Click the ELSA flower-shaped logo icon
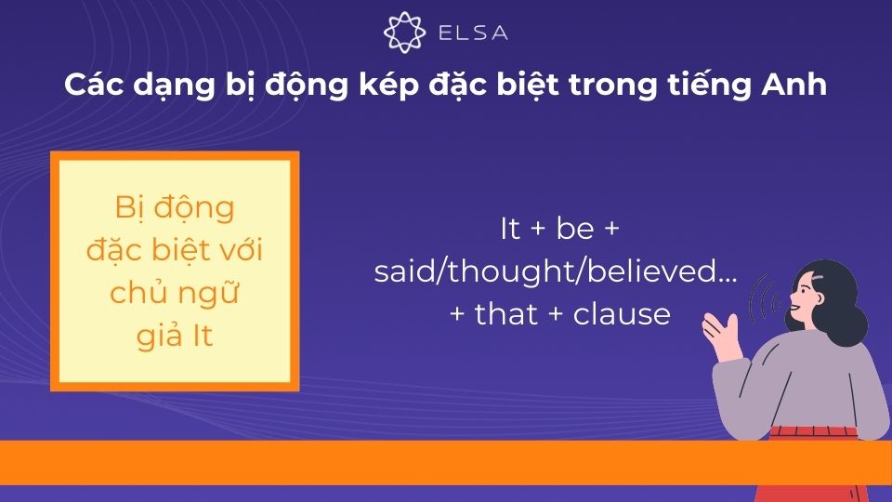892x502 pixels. coord(404,33)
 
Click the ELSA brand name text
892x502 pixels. coord(473,33)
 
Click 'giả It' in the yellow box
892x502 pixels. coord(175,336)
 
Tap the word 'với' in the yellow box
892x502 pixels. coord(240,249)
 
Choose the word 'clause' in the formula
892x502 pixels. coord(622,314)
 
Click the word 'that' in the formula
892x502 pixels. coord(506,314)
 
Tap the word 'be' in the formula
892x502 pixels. coord(575,229)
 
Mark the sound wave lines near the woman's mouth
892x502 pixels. coord(765,298)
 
